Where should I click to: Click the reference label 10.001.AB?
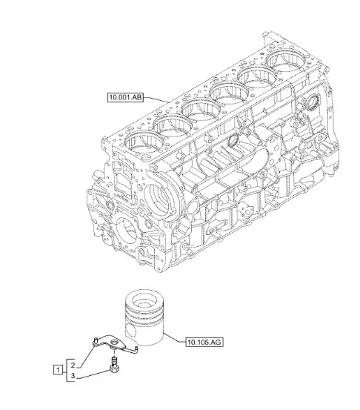pos(125,97)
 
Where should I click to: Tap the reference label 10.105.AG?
pos(204,342)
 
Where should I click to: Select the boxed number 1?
pos(58,370)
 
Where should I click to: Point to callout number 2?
pos(73,365)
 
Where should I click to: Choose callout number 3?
pos(73,376)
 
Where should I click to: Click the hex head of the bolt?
pos(114,369)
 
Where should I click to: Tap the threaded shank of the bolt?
pos(114,361)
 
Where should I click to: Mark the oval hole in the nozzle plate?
pos(114,343)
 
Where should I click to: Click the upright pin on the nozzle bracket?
pos(96,340)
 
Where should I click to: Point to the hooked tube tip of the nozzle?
pos(136,348)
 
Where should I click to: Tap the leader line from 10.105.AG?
pos(175,337)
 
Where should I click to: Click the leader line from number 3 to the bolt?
pos(94,374)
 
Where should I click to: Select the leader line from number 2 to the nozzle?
pos(86,356)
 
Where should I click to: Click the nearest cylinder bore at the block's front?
pos(144,145)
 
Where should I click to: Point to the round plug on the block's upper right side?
pos(313,103)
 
